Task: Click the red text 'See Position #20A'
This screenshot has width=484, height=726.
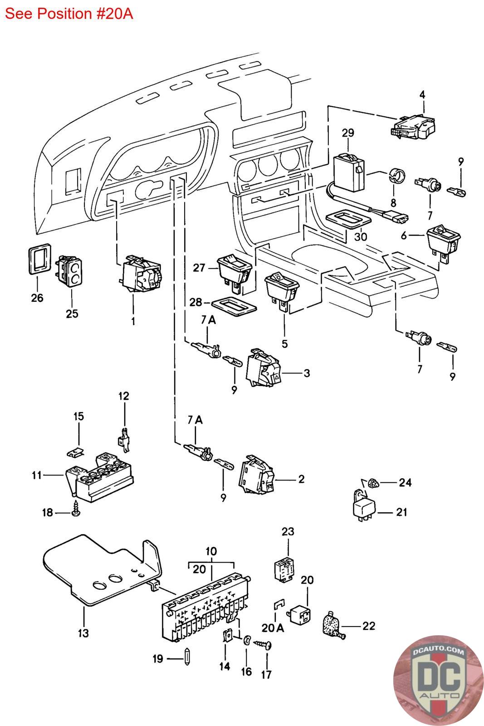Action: (x=69, y=14)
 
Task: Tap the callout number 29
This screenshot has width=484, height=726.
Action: (x=348, y=133)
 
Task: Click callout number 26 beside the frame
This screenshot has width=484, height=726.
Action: (x=37, y=298)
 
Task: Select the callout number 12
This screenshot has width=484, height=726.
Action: (x=124, y=396)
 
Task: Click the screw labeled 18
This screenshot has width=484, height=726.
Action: (x=76, y=511)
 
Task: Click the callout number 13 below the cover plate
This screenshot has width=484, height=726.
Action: (x=84, y=633)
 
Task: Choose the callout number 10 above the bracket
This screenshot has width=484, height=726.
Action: (x=211, y=551)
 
